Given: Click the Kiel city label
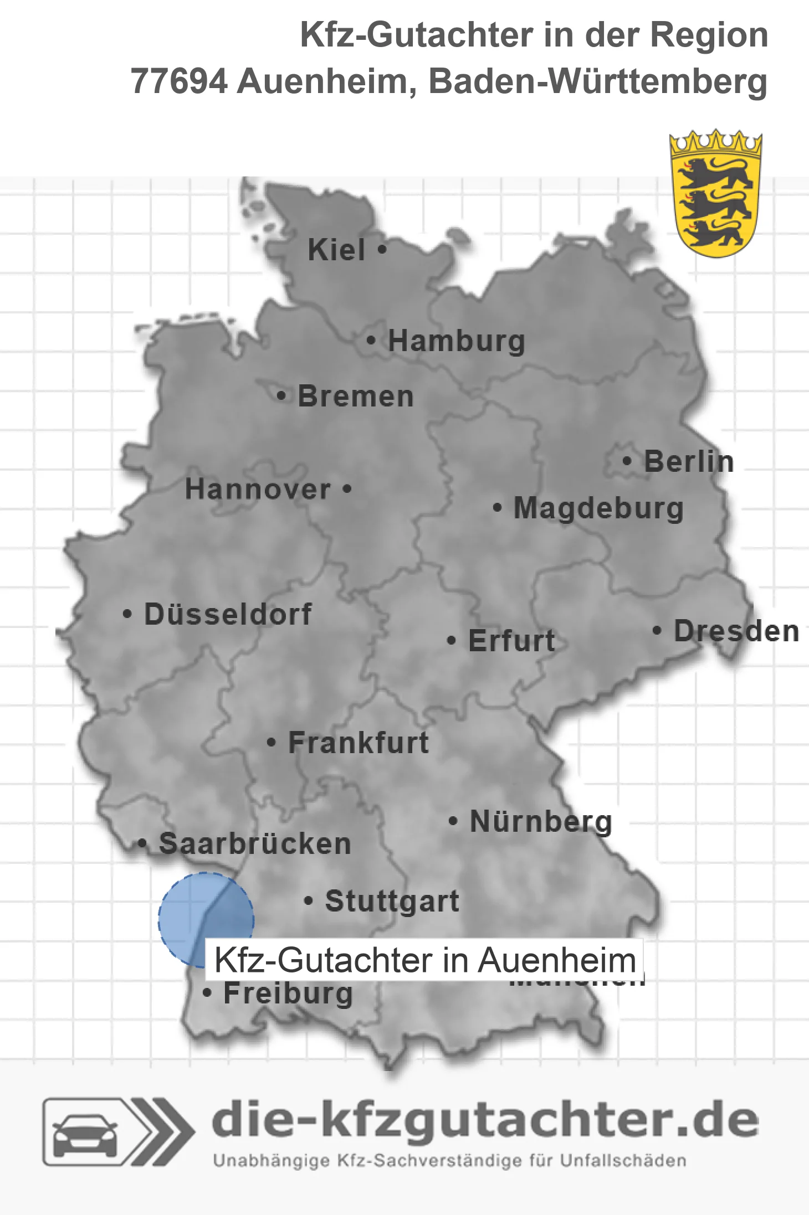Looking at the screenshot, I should click(x=336, y=250).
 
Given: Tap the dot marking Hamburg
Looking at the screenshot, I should click(x=371, y=340).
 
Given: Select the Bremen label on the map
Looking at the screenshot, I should click(x=356, y=397).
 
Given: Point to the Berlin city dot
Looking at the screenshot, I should click(x=627, y=461).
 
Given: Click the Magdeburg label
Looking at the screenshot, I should click(x=598, y=508).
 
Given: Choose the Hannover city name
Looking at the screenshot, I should click(x=258, y=489).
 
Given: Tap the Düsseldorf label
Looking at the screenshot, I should click(x=228, y=614).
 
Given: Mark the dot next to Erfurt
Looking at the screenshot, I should click(x=452, y=641).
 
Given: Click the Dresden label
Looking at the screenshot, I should click(x=736, y=631).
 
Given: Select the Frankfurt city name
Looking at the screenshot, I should click(x=359, y=743).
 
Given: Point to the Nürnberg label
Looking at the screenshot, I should click(x=541, y=821).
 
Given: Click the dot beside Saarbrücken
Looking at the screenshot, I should click(x=142, y=843).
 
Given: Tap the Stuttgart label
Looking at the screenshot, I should click(x=392, y=901).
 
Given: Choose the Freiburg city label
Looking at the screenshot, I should click(x=288, y=993).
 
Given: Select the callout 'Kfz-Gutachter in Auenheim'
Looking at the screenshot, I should click(x=424, y=960).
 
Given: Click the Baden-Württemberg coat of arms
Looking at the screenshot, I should click(x=715, y=194).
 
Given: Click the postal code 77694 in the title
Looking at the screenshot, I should click(x=178, y=81).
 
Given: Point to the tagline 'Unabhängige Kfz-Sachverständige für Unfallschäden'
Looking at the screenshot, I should click(x=449, y=1161).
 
